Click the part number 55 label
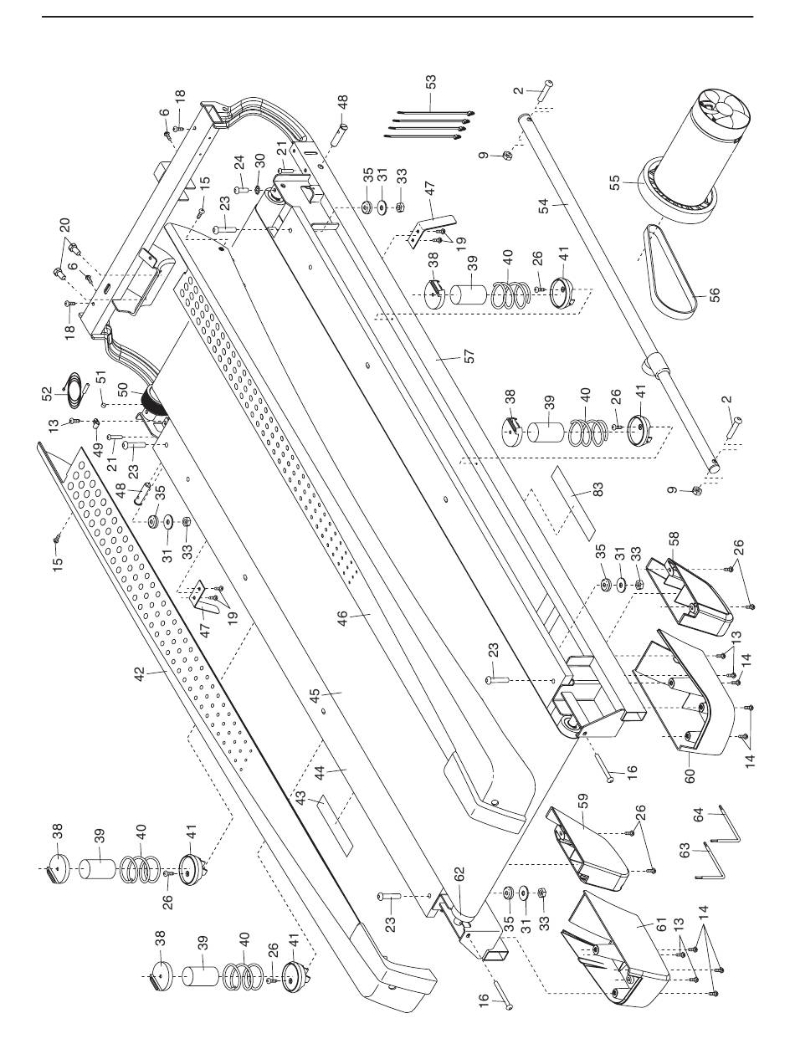(x=615, y=183)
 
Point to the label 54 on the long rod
(x=545, y=207)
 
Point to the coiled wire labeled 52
(x=74, y=391)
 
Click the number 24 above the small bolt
(x=239, y=162)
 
